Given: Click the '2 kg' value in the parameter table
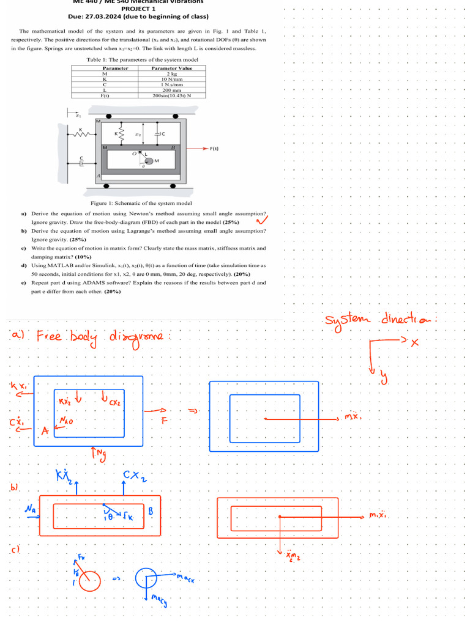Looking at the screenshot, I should pos(172,73).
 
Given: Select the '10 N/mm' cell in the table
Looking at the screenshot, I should pos(172,79).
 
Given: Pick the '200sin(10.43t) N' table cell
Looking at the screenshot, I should pos(172,95).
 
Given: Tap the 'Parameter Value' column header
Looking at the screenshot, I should pos(172,68).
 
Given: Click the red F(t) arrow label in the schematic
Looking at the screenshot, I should pos(214,149).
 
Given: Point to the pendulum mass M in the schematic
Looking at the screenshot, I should pos(149,161).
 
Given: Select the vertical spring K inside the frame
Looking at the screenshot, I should pos(121,133).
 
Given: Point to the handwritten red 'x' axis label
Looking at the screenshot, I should pos(414,343).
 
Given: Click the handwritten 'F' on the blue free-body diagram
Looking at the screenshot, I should pos(164,421).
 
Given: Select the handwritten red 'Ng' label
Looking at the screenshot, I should pos(98,453).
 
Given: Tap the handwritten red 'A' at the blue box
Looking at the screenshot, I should pos(45,431).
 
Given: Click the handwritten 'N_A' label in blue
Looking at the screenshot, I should pos(29,509).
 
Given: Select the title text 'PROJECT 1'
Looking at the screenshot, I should pos(138,9).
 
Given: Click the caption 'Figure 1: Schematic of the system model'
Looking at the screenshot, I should pos(141,203).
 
